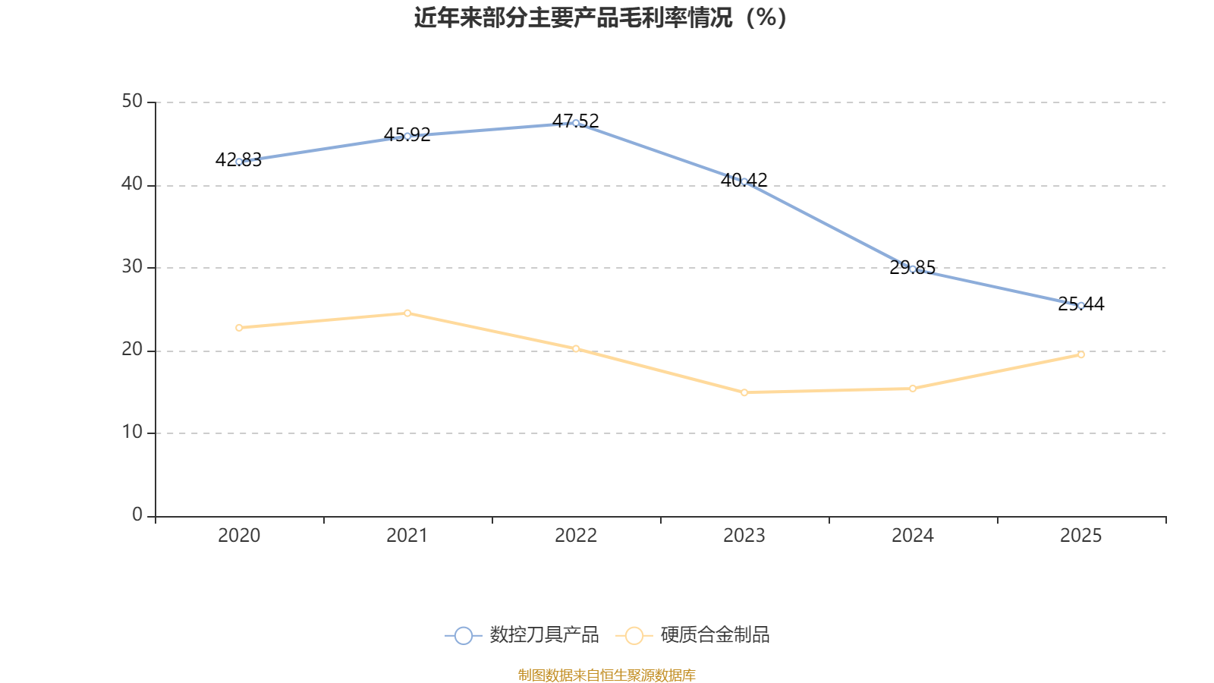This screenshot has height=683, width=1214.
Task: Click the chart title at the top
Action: point(600,17)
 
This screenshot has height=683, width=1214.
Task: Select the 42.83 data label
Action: point(238,159)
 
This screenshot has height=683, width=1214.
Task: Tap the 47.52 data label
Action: point(576,121)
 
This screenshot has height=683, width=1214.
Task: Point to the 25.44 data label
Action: point(1080,304)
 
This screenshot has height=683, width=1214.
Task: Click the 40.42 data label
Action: point(744,180)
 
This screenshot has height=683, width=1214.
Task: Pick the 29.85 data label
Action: point(913,267)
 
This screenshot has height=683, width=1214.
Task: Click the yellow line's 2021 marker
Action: point(407,313)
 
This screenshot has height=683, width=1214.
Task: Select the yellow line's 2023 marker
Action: point(744,392)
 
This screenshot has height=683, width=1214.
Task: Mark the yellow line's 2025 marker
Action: point(1080,354)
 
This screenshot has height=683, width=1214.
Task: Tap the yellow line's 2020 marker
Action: point(239,328)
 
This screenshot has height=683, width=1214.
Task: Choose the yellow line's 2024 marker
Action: point(913,389)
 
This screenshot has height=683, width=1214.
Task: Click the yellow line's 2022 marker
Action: point(576,348)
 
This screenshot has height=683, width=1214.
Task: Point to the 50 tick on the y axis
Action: point(132,102)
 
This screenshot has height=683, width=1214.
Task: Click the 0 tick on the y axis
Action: point(137,515)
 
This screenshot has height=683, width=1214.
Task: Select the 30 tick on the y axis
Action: point(132,266)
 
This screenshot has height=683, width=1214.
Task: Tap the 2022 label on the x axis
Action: point(576,536)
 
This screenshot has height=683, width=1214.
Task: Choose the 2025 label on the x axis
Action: point(1080,536)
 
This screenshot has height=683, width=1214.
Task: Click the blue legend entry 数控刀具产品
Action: point(521,634)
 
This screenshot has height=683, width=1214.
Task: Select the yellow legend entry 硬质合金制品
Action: point(693,634)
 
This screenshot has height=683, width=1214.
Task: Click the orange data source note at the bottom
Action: point(606,675)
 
